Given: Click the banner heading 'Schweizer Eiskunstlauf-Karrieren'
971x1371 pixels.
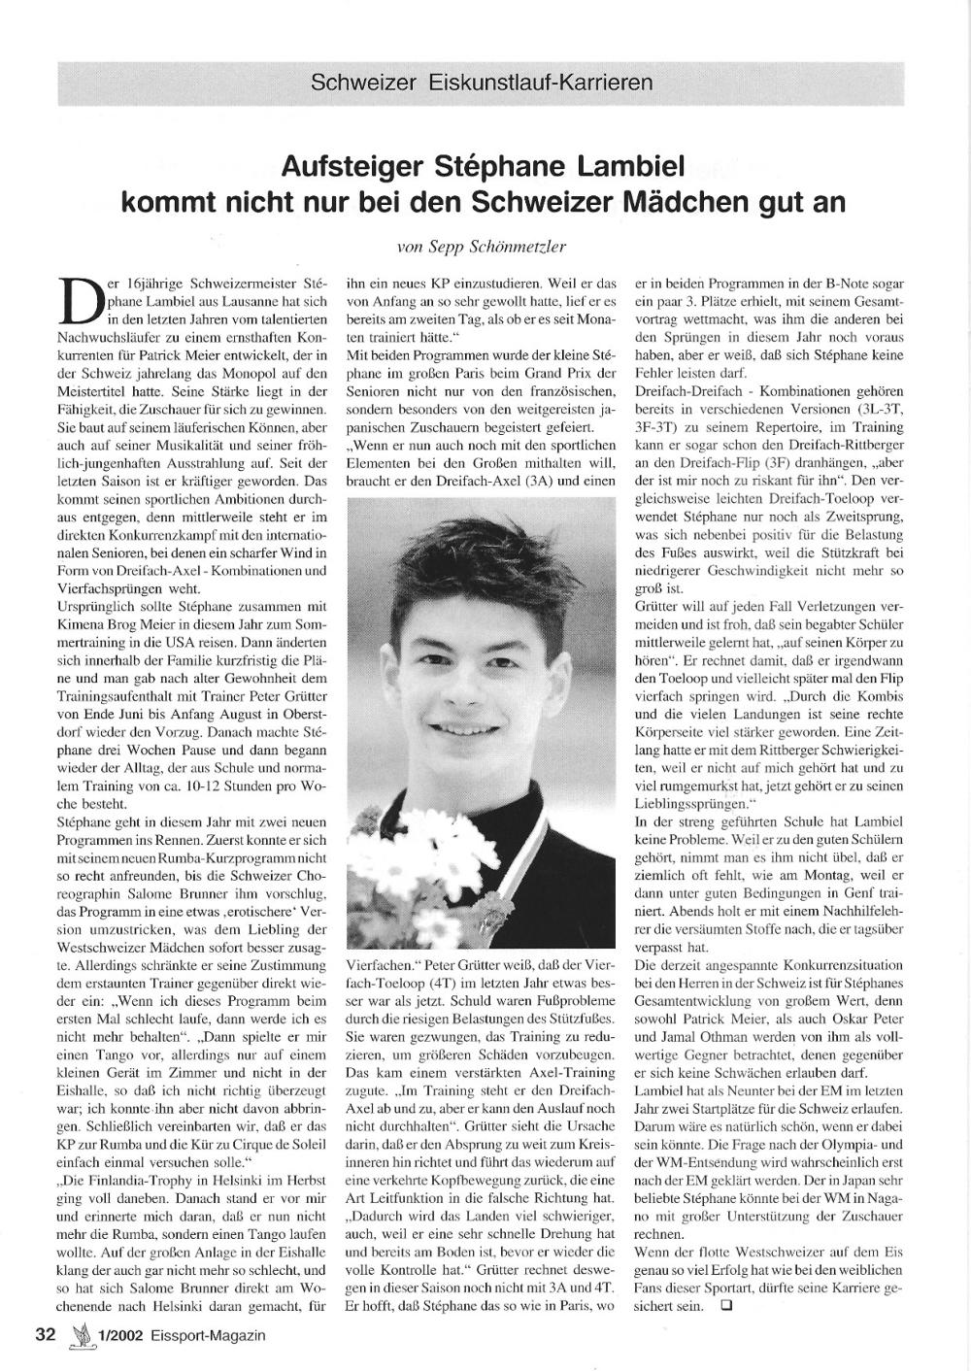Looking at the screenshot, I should (x=482, y=82).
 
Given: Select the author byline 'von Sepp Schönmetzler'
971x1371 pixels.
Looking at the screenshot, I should (x=482, y=248).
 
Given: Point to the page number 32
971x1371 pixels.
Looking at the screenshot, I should (x=46, y=1334).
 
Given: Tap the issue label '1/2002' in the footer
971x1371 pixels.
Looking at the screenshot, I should (x=121, y=1335).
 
